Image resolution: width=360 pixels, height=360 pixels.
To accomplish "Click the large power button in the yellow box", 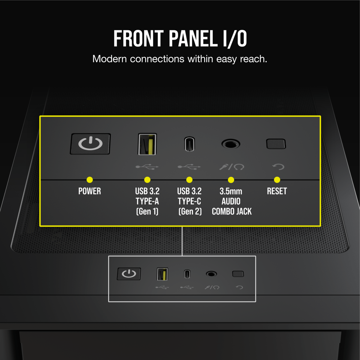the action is coord(90,144).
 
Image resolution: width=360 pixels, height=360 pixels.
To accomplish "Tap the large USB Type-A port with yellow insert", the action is coord(147,144).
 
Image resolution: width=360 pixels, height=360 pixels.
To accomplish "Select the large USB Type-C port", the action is coord(190,144).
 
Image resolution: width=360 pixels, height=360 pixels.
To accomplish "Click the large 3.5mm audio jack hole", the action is coord(231,144).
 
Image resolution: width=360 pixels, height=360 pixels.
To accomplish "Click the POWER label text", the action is coord(90,191).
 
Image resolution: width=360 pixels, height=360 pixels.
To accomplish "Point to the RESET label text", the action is coord(277,191).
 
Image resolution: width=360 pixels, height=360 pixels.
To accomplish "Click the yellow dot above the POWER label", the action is coord(90,180).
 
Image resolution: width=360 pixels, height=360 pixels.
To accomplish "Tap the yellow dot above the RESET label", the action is coord(277,180).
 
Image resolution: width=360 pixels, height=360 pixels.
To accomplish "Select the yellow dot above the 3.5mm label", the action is coord(231,180).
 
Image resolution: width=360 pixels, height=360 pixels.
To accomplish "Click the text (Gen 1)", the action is coord(147,211).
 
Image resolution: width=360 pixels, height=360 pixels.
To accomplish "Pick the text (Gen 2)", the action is coord(190,211).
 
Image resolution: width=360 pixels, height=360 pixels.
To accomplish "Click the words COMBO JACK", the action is coord(232,211).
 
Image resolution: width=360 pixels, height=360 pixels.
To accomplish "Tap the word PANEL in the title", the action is coord(193,38).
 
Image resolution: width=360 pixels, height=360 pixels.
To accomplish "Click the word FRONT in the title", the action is coord(138,38).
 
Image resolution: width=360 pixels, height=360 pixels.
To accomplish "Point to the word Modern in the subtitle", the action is coord(110,59).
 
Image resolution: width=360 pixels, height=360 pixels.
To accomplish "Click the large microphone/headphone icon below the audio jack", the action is coord(232,167).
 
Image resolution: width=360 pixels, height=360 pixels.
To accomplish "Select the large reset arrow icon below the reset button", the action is coord(278,166).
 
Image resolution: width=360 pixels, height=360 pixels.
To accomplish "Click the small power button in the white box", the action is coord(129,274).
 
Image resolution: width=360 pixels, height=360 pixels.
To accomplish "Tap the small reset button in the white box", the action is coord(238,274).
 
